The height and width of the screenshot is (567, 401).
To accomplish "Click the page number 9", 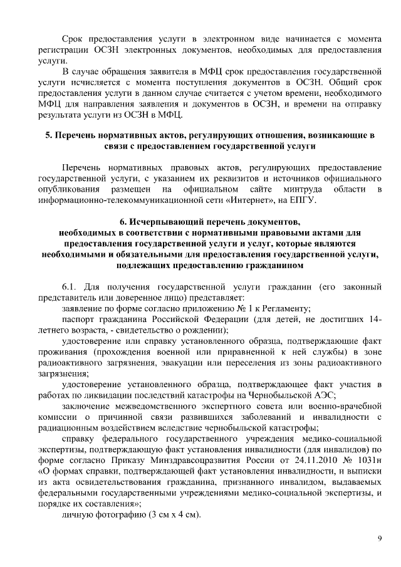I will point(380,538).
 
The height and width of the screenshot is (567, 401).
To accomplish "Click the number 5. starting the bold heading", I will point(49,135).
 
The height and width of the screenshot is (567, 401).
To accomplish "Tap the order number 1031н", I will point(367,455).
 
